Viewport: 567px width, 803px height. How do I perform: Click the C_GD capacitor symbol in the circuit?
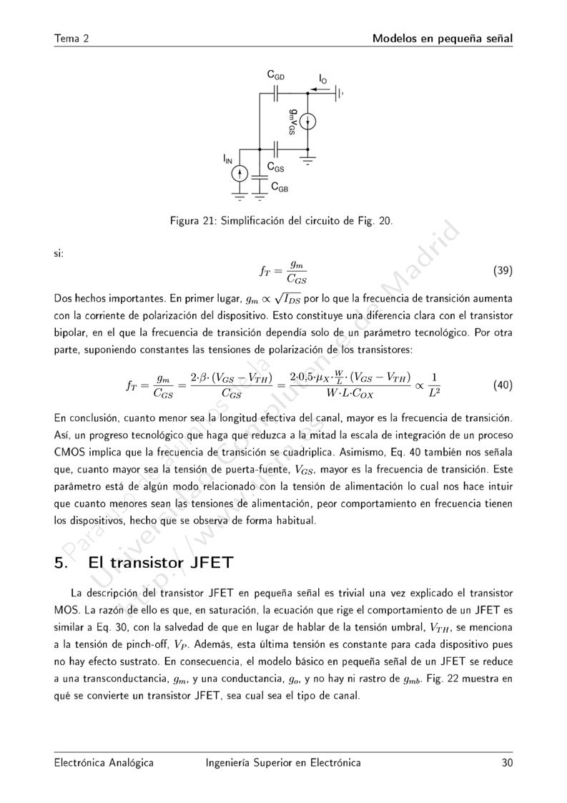277,92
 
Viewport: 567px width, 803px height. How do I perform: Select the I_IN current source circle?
241,174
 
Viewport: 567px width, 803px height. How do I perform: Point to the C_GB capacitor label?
280,187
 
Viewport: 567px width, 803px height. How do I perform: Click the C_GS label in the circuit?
276,167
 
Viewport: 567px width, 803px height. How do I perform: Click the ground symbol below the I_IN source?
241,193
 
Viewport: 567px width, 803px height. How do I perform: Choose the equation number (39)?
503,271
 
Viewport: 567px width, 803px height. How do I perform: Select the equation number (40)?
503,385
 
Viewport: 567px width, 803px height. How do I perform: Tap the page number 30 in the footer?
507,763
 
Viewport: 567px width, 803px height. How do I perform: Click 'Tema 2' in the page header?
71,38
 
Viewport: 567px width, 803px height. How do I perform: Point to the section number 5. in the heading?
61,562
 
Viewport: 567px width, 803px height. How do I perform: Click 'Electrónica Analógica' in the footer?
104,763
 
